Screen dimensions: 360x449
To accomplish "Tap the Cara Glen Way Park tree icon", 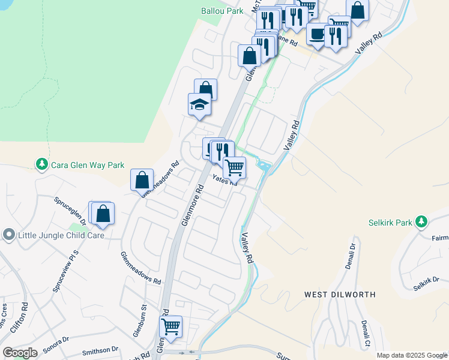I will point(41,164).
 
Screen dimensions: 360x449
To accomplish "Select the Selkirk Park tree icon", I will point(421,223).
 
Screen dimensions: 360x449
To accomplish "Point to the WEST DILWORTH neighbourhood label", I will point(340,295).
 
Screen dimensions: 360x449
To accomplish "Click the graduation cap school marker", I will point(199,106).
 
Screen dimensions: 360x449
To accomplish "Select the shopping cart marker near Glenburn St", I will point(171,327).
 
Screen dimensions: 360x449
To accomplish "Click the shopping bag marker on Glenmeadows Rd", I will point(142,180).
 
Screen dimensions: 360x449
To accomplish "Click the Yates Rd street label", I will point(225,180).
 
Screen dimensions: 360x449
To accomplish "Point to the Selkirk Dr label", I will point(427,283).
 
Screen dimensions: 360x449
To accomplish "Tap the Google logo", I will point(20,353).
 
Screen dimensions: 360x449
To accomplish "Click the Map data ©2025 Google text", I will point(411,355).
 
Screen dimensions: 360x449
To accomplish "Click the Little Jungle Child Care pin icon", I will point(8,235).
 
